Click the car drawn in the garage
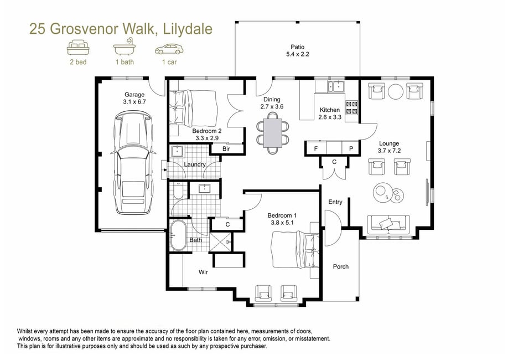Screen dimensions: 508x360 pos(133,162)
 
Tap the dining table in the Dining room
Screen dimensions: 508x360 pos(273,133)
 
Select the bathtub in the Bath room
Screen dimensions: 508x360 pos(178,235)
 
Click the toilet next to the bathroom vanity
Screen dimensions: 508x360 pos(178,191)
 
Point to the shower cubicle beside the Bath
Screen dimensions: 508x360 pos(221,242)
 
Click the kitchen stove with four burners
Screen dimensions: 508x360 pos(352,107)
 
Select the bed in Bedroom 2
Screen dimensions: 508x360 pos(193,109)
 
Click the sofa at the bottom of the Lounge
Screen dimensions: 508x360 pos(388,223)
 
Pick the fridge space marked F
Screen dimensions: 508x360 pos(316,148)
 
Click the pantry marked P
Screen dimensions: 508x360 pos(351,148)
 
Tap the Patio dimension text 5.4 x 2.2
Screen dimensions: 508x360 pos(297,54)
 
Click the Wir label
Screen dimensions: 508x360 pos(203,272)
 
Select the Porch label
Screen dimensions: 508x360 pos(341,266)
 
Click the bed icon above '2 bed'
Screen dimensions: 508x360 pos(78,48)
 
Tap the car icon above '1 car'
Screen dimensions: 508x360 pos(169,49)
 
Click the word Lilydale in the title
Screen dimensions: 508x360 pos(188,29)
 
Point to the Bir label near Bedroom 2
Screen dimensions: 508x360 pos(226,148)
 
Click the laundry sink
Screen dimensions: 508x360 pos(177,151)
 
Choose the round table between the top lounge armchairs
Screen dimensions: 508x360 pos(396,92)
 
